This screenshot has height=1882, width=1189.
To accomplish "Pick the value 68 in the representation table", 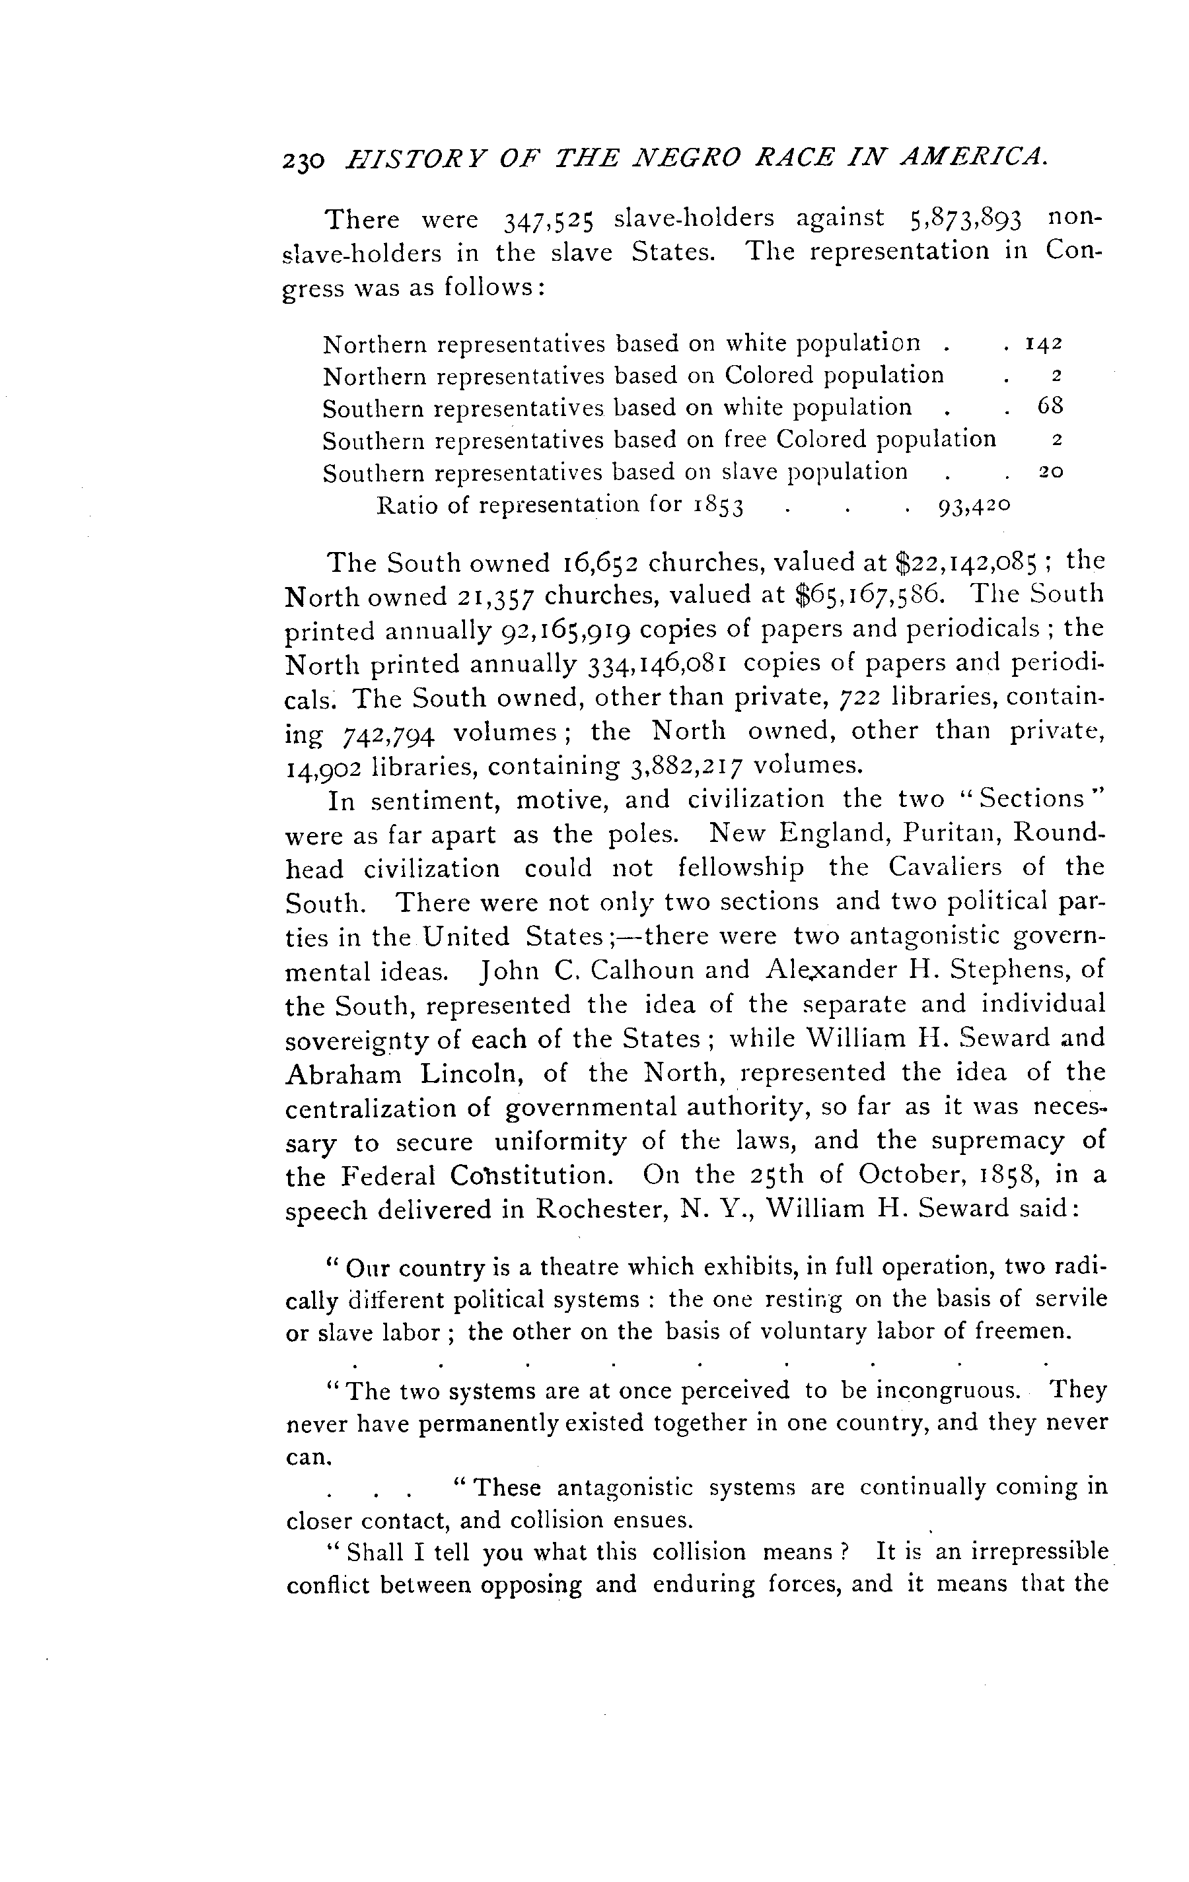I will tap(1050, 406).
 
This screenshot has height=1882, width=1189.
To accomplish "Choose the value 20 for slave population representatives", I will tap(1051, 472).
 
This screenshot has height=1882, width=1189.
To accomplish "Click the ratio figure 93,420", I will tap(972, 506).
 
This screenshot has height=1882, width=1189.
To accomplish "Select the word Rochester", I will tap(600, 1209).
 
